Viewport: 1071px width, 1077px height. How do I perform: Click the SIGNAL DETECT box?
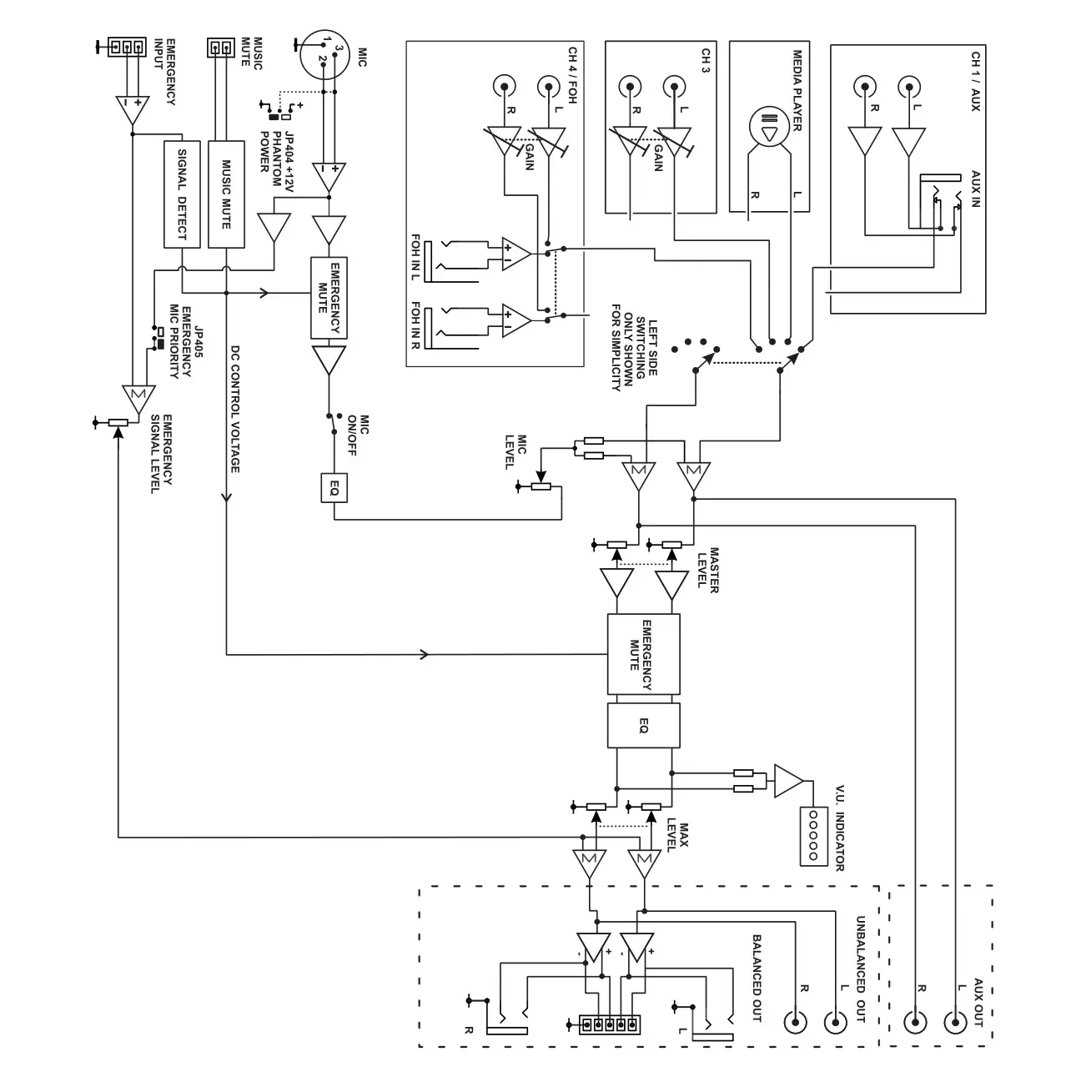pos(183,194)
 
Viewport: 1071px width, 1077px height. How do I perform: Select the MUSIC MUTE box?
pos(226,194)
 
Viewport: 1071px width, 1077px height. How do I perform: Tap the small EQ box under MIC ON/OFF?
pos(334,488)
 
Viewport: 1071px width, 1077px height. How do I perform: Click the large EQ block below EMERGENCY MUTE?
pos(643,725)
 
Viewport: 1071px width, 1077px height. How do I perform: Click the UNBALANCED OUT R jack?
pos(796,1021)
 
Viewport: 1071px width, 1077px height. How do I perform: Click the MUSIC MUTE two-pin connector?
pos(220,48)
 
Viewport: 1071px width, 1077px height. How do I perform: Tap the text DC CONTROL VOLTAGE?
pos(235,409)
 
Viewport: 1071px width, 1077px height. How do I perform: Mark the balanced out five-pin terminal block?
pos(609,1024)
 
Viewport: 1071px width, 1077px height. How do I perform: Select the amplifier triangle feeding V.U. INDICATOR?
pos(787,781)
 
